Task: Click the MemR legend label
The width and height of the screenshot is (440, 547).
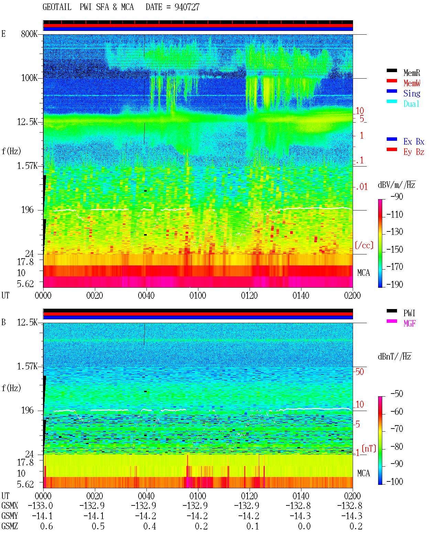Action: click(411, 73)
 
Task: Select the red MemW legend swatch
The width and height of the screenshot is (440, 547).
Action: click(392, 81)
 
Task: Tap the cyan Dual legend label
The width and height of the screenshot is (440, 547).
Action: click(411, 104)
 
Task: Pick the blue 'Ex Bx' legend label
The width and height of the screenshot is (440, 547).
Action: click(414, 141)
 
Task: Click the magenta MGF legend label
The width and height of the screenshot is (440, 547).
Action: click(409, 323)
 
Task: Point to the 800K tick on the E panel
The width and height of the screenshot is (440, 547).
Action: click(29, 34)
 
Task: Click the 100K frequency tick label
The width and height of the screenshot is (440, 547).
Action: click(29, 78)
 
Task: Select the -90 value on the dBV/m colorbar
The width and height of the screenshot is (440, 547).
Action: click(396, 196)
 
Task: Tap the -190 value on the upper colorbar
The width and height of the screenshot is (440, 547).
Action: click(395, 284)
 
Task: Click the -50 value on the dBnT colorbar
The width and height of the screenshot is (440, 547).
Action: click(396, 394)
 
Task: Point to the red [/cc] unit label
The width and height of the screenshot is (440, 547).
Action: click(364, 245)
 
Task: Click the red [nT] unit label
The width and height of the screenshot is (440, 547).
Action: click(369, 448)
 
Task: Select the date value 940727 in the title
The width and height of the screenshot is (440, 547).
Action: click(187, 7)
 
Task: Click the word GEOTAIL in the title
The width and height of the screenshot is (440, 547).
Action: click(57, 7)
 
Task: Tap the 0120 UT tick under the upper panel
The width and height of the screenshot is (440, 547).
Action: click(249, 296)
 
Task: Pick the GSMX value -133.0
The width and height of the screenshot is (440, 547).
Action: click(40, 506)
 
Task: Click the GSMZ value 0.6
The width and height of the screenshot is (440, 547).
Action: click(46, 526)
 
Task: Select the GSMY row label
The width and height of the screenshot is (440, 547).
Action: click(10, 516)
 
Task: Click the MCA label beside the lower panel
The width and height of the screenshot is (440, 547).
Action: click(363, 473)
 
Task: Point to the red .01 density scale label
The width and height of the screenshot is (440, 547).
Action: click(362, 187)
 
